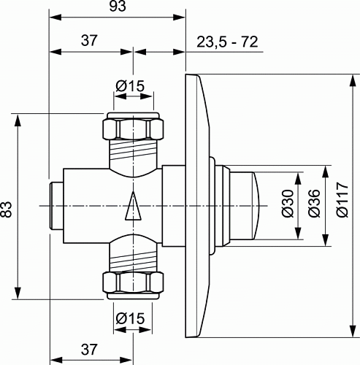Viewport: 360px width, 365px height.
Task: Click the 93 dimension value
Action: coord(118,7)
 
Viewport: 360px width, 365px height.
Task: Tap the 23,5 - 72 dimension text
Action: coord(227,42)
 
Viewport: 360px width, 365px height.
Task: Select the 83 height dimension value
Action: coord(7,209)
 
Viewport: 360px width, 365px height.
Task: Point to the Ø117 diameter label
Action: coord(342,199)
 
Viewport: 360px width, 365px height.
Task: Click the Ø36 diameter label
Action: coord(314,203)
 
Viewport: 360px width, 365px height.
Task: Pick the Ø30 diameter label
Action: coord(288,204)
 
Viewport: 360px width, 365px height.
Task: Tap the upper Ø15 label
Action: coord(130,86)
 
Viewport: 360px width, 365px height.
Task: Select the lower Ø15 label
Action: coord(130,318)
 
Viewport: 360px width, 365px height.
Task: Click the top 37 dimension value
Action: coord(89,40)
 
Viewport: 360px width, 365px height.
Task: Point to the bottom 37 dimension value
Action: coord(89,350)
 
